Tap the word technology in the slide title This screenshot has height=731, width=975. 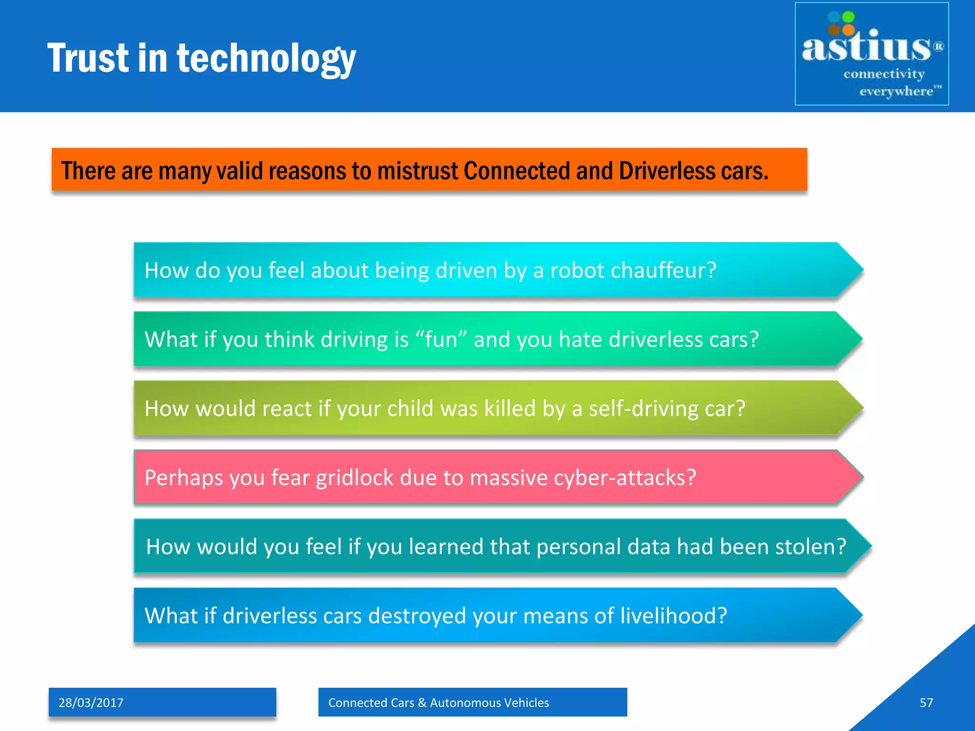[x=266, y=59]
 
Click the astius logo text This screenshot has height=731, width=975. [x=866, y=48]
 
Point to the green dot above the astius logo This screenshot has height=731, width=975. [x=848, y=17]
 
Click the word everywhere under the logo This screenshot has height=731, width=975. [x=896, y=91]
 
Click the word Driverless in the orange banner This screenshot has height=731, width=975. [x=667, y=171]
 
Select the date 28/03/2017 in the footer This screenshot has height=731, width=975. [x=91, y=702]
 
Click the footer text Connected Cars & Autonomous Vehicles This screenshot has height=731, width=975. [x=438, y=702]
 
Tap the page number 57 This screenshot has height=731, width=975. [x=926, y=702]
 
